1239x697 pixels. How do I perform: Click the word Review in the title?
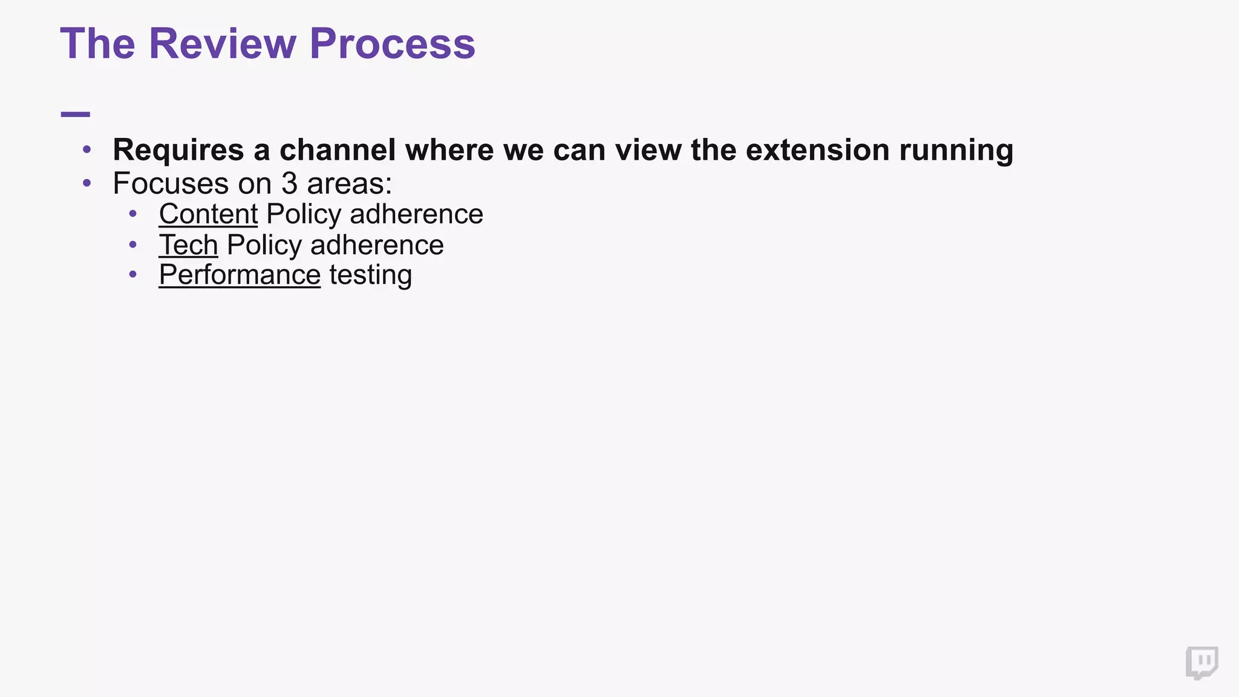click(x=223, y=44)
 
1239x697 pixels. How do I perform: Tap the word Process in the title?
click(x=392, y=44)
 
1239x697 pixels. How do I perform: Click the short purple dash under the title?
click(x=76, y=114)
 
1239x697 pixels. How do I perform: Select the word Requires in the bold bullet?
click(x=178, y=150)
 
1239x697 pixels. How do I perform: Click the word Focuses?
click(x=170, y=183)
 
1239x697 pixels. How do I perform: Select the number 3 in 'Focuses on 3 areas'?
click(x=289, y=183)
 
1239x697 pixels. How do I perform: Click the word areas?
click(x=350, y=183)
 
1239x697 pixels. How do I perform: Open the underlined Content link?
click(x=208, y=214)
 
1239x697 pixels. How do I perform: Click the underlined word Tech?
click(x=188, y=245)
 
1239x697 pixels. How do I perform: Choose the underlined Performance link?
click(x=240, y=275)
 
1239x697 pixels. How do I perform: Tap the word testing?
click(x=370, y=276)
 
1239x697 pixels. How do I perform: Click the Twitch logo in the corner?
click(x=1201, y=663)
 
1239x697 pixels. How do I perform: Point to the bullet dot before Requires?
click(x=87, y=149)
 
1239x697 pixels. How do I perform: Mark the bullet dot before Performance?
click(x=133, y=275)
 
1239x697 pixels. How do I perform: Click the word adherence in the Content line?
click(x=416, y=214)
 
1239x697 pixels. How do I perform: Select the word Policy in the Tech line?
click(x=264, y=245)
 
